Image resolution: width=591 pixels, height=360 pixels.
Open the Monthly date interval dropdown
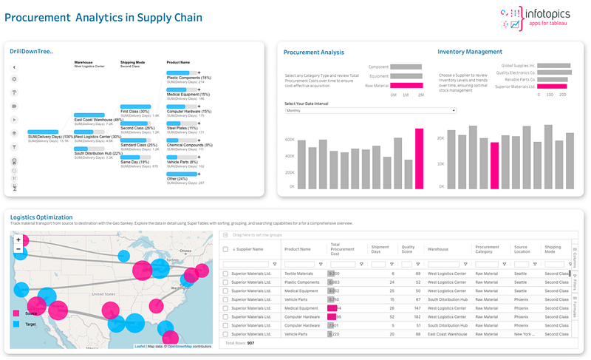tap(370, 111)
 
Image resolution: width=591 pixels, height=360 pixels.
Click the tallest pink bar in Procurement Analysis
tap(419, 158)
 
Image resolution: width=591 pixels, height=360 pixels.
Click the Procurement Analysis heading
tap(314, 52)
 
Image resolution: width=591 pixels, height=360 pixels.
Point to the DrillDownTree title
tap(31, 51)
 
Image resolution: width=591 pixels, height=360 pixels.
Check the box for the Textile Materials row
tap(226, 274)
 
